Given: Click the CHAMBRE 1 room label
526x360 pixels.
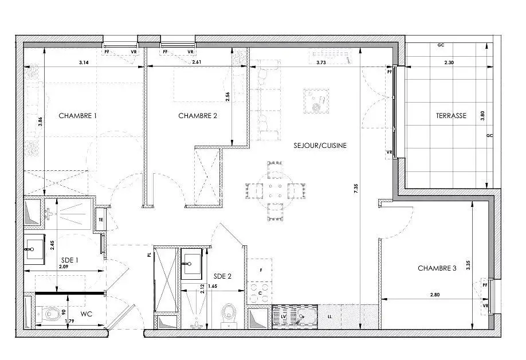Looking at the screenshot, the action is coord(77,116).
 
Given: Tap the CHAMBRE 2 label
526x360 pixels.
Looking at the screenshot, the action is coord(198,116).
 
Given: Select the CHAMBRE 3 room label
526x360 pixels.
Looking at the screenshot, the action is coord(437,268).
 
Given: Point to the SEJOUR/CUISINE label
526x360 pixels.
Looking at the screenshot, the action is coord(320,146).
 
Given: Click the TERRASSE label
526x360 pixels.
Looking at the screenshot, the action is coord(451,116).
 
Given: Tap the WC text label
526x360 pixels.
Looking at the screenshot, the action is coord(86,314).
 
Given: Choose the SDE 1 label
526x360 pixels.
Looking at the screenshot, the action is coord(70,260).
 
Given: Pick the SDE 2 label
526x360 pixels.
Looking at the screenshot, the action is coord(222,276).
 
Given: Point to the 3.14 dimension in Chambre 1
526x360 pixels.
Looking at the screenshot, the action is coord(84,62).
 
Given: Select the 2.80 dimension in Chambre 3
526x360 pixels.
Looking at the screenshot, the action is coord(435,295).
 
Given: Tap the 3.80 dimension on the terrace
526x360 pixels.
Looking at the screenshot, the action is coord(482,116).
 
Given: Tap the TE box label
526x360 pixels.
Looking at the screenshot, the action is coord(101,220).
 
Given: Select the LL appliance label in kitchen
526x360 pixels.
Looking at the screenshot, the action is coord(329,316).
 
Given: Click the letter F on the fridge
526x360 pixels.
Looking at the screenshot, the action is coord(261,270).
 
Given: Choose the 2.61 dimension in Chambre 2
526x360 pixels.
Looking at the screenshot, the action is coord(197,62).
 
